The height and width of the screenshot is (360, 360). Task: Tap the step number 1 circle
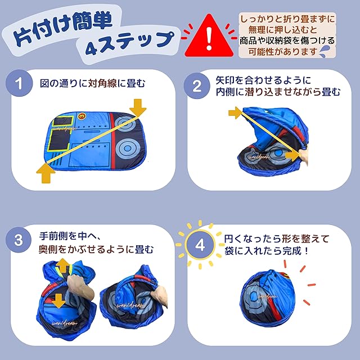[x=19, y=83]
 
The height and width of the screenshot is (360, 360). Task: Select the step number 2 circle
[x=197, y=86]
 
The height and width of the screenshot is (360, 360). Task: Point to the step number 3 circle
[x=19, y=240]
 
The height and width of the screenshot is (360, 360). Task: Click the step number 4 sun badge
[x=200, y=245]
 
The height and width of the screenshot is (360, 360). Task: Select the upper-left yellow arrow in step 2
[x=236, y=112]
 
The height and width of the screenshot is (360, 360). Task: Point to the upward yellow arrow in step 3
[x=62, y=265]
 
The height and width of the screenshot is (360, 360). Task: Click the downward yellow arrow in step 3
[x=58, y=301]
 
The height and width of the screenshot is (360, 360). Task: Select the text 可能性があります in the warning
[x=282, y=52]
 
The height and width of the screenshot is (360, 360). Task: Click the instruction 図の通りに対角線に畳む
[x=92, y=83]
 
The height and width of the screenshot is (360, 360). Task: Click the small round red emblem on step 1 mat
[x=81, y=116]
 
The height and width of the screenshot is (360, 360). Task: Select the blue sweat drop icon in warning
[x=325, y=51]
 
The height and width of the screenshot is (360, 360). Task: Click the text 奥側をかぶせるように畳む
[x=96, y=250]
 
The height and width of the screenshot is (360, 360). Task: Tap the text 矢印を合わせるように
[x=263, y=80]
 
